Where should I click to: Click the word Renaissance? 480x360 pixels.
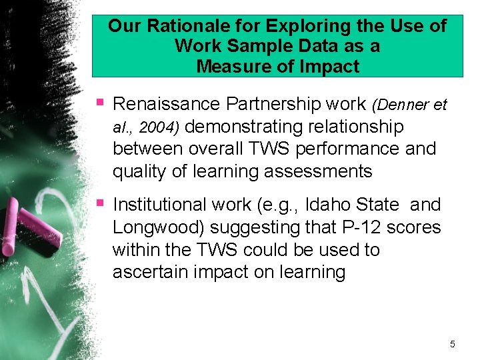167,104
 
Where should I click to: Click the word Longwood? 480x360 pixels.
159,227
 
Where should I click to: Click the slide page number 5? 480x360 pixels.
453,344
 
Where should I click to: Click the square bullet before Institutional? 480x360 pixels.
100,202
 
